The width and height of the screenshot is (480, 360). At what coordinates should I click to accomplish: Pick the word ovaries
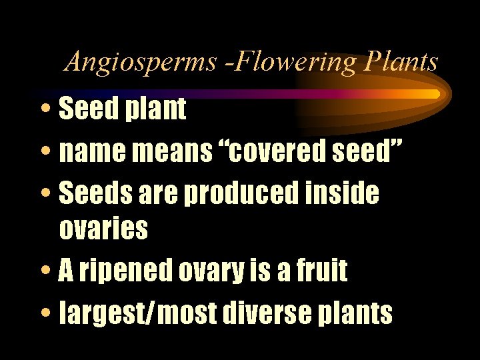pyautogui.click(x=103, y=229)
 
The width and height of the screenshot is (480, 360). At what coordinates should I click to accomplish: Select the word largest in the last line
pyautogui.click(x=102, y=313)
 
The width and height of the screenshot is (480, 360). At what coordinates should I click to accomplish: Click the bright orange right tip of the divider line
pyautogui.click(x=433, y=93)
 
